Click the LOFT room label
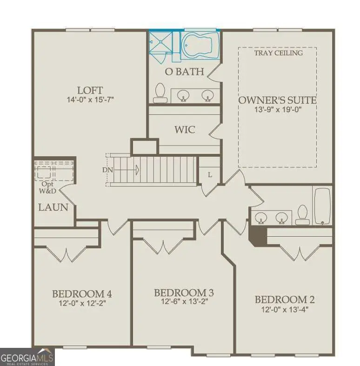coord(90,90)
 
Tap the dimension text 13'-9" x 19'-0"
coord(277,110)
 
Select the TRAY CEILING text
coord(278,53)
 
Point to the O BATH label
coord(185,72)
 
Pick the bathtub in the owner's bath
coord(200,44)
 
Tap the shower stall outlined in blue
coord(160,42)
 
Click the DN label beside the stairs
coord(107,170)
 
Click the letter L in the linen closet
coord(210,174)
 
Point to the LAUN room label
coord(53,207)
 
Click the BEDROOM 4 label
coord(82,294)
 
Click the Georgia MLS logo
coord(27,357)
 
